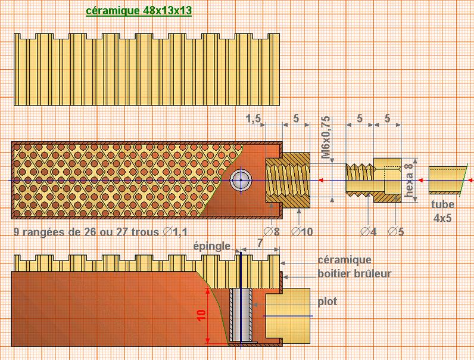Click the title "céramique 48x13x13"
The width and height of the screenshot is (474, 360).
[x=138, y=11]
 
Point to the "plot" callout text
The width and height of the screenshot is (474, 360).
[x=327, y=302]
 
